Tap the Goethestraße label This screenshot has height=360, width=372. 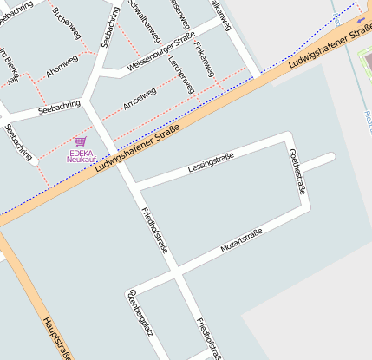coord(296,172)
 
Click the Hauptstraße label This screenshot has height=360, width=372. coord(56,337)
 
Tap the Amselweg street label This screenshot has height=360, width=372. coord(140,98)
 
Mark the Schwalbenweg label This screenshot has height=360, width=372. coord(145,18)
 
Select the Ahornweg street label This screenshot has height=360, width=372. coord(62,68)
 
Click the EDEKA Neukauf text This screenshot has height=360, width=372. coord(81,157)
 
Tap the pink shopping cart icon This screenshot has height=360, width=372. coord(81,141)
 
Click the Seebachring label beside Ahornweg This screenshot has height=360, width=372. coord(60,108)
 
